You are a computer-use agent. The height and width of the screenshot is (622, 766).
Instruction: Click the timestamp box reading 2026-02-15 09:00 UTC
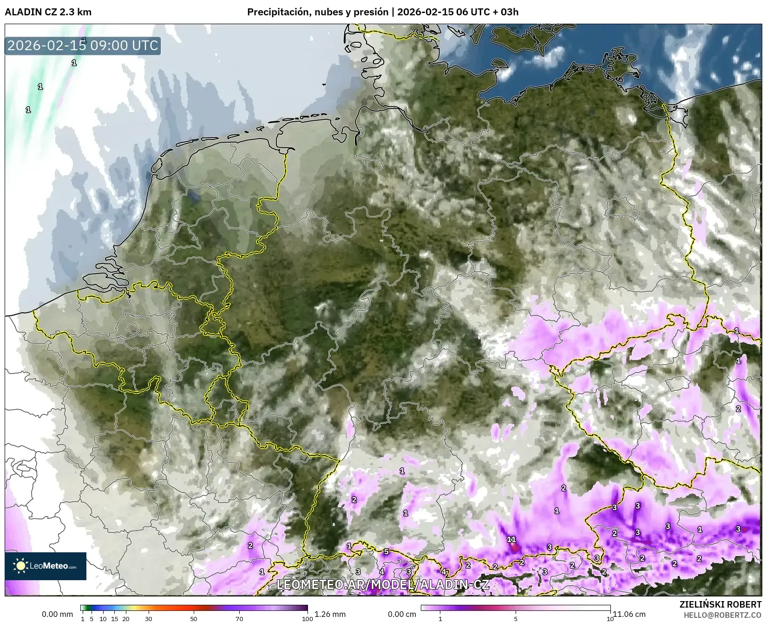83,46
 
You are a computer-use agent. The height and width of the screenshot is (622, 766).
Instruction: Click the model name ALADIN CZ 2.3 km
48,12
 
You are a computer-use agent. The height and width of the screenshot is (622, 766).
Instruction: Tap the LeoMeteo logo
46,566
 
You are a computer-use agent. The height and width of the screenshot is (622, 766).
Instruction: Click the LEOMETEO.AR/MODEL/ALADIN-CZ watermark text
383,584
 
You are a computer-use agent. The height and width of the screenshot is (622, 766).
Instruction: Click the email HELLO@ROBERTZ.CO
723,615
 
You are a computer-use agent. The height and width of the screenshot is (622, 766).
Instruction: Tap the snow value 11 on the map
511,539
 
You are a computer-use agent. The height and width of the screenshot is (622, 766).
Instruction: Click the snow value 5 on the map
386,551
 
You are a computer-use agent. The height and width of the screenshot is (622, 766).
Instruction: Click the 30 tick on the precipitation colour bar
149,618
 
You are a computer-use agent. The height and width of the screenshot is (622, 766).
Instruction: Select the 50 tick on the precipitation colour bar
194,618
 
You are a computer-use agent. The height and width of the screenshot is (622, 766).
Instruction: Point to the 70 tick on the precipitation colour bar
239,618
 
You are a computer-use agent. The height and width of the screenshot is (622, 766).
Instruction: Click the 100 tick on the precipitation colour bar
307,618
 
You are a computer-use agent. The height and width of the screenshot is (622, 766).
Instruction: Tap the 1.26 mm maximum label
330,614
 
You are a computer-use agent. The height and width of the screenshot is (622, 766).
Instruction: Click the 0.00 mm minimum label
57,614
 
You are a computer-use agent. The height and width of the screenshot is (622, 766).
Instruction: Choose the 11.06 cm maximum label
629,614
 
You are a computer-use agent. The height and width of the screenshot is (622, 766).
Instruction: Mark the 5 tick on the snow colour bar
516,618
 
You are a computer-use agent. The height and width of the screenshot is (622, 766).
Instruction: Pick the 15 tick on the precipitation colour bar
114,618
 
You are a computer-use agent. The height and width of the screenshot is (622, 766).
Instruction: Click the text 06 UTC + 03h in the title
488,12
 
